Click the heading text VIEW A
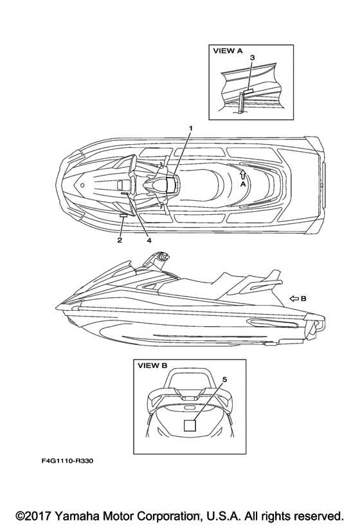(228, 51)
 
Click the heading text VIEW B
(152, 365)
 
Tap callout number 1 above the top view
(191, 128)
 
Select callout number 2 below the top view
(120, 240)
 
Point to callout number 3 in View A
(252, 58)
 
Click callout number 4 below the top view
(149, 240)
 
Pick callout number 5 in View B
(224, 380)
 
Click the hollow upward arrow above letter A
(243, 174)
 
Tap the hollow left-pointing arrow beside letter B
(294, 299)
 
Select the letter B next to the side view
(303, 299)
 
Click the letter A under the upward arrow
(243, 184)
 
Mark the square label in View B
(190, 425)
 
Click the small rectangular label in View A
(248, 91)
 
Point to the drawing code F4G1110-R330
(67, 461)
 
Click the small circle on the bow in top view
(82, 185)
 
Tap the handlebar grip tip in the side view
(166, 256)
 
